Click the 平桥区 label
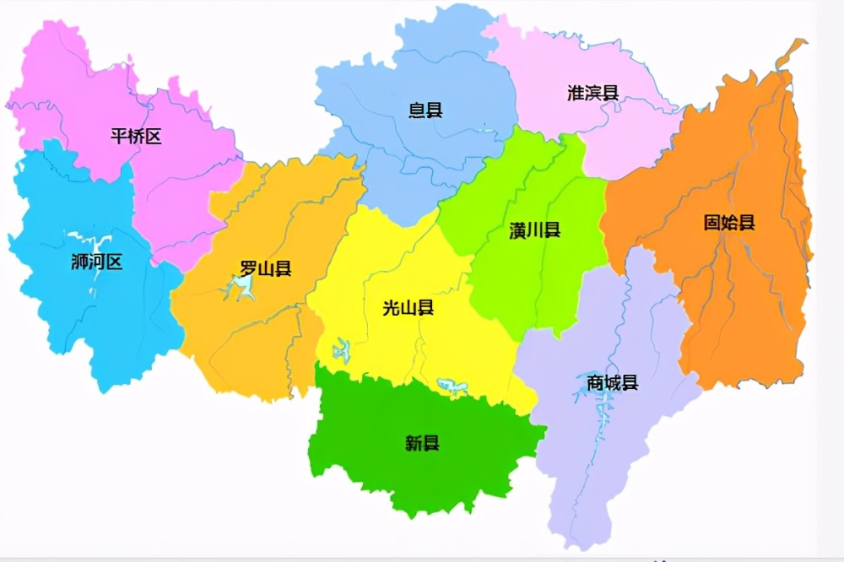coord(136,136)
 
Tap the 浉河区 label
coord(97,262)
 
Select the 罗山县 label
coord(266,269)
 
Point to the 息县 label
coord(425,110)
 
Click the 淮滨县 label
coord(593,93)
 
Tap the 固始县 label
coord(729,223)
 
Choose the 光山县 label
coord(408,308)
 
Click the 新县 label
coord(422,442)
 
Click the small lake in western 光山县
coord(342,349)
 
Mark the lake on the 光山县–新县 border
coord(453,387)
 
